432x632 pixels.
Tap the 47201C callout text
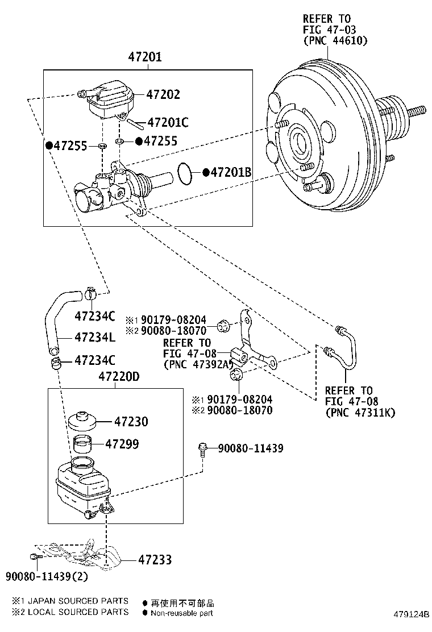click(x=168, y=122)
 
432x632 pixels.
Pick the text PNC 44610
click(x=335, y=40)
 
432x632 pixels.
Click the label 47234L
click(x=94, y=337)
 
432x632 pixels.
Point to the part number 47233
click(x=154, y=560)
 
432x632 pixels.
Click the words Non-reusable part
click(x=182, y=613)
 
